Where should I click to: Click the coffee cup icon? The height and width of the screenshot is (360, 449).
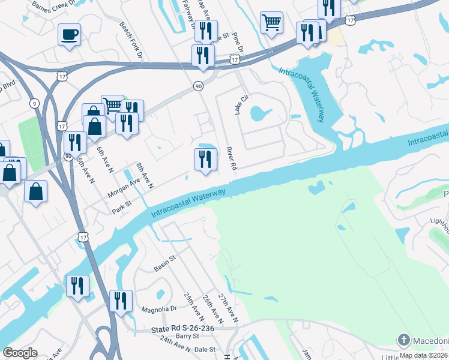(x=69, y=34)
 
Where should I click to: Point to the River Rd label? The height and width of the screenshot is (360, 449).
(x=232, y=157)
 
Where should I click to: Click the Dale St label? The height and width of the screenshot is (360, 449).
(x=205, y=348)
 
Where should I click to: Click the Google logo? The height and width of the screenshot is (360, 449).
(x=20, y=353)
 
